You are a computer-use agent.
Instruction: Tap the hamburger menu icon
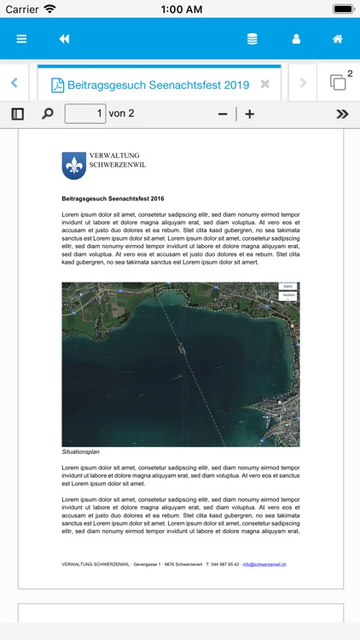(x=21, y=39)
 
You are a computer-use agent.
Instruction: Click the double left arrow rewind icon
(x=64, y=39)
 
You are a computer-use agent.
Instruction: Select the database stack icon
(x=252, y=39)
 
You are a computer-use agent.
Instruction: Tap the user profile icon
(x=296, y=39)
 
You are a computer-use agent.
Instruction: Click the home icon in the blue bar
(x=338, y=39)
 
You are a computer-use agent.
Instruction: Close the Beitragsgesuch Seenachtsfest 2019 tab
(x=264, y=84)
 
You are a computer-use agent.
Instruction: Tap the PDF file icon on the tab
(x=57, y=84)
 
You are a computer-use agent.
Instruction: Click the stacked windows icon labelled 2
(x=339, y=83)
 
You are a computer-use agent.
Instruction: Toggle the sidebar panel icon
(x=17, y=113)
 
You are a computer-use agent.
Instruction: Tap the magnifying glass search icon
(x=48, y=113)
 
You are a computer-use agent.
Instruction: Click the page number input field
(x=85, y=113)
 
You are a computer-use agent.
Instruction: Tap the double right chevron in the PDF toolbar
(x=342, y=113)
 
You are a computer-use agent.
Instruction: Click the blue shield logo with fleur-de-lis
(x=74, y=166)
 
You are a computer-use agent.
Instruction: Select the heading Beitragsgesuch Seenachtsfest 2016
(x=113, y=198)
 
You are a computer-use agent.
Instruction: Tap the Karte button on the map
(x=288, y=287)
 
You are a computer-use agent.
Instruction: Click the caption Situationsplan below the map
(x=80, y=451)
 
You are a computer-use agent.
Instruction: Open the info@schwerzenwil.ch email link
(x=264, y=564)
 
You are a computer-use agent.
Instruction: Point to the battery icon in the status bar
(x=343, y=9)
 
